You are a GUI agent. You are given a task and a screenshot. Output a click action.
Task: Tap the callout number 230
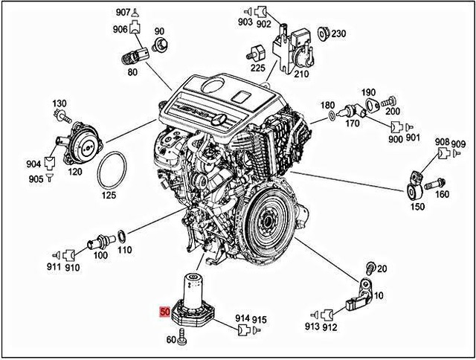tap(338, 33)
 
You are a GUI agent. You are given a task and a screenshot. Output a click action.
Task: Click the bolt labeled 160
tap(438, 181)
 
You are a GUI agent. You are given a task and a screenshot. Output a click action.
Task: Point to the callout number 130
tap(59, 102)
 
